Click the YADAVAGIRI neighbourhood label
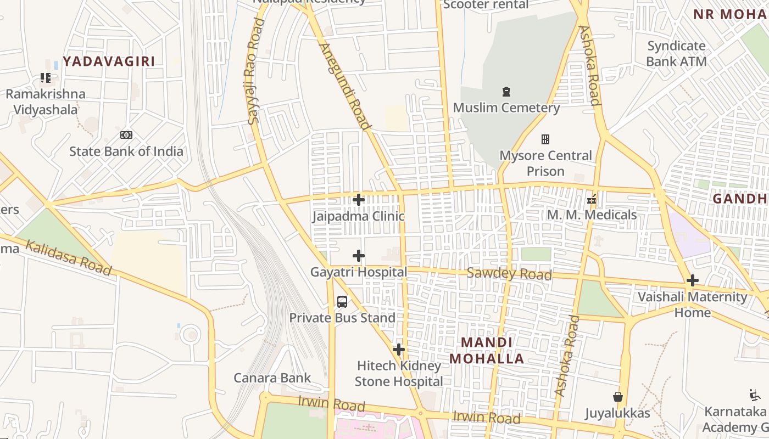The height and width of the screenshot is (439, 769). click(x=109, y=61)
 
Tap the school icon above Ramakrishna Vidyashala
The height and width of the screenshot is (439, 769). click(x=46, y=78)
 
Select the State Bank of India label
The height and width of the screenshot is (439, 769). click(x=126, y=151)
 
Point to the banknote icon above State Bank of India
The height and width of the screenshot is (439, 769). click(x=126, y=135)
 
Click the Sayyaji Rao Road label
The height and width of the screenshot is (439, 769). click(x=255, y=71)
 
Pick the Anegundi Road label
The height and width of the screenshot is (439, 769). click(x=344, y=86)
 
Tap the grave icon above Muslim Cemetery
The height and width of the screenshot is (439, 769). click(x=506, y=92)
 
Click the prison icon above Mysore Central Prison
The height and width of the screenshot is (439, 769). click(x=545, y=139)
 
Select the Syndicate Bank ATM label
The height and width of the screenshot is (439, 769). click(x=676, y=54)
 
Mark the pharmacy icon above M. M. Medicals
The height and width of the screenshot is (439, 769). click(x=592, y=199)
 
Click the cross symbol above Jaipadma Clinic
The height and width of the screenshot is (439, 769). click(x=359, y=200)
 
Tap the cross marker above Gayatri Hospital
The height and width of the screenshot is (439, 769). click(x=359, y=256)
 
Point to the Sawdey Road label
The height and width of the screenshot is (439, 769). click(x=509, y=273)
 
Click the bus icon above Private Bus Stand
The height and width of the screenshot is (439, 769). click(x=342, y=301)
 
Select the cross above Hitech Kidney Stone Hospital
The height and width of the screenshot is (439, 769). click(x=399, y=350)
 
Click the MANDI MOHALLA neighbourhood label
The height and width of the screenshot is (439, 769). click(x=487, y=351)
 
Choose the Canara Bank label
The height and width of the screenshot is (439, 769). click(x=272, y=378)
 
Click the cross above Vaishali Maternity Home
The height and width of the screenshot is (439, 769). click(x=693, y=281)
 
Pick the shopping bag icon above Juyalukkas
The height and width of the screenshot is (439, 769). click(x=618, y=397)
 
